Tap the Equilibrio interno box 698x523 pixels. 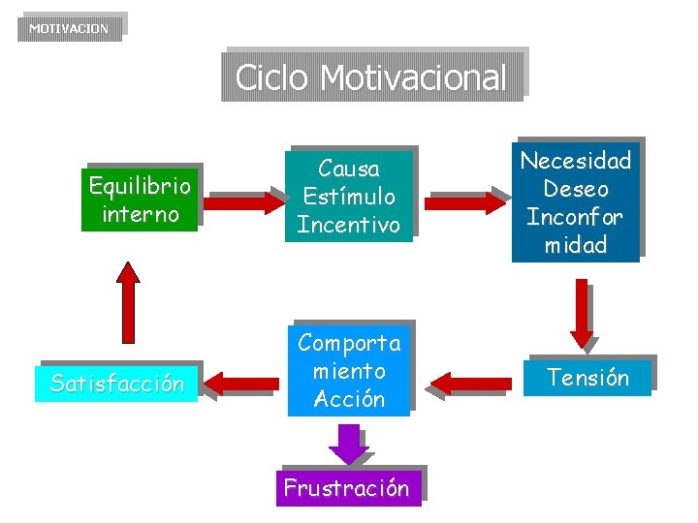click(x=141, y=200)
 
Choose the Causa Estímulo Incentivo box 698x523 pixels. click(x=348, y=197)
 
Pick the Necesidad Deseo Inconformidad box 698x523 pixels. click(x=575, y=202)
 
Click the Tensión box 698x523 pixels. click(x=587, y=378)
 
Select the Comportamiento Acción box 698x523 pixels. click(x=349, y=371)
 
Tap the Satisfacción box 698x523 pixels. click(x=116, y=384)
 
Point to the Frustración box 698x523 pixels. click(x=346, y=488)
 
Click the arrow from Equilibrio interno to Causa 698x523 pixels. click(x=242, y=201)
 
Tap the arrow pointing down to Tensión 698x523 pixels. click(x=582, y=312)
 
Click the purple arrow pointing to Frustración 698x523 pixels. click(x=347, y=444)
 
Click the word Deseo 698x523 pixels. click(x=576, y=189)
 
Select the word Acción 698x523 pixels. click(x=349, y=399)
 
